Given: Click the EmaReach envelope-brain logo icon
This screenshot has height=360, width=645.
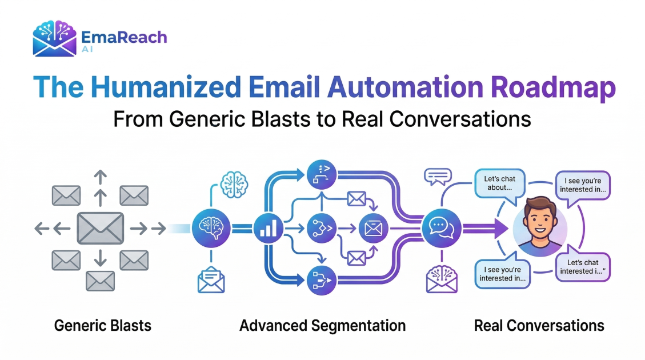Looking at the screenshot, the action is (55, 38).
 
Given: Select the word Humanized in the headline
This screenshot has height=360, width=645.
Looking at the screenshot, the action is (165, 87).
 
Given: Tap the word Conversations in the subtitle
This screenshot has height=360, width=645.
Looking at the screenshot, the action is (460, 119).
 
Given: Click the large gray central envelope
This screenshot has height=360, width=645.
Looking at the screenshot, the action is (101, 228).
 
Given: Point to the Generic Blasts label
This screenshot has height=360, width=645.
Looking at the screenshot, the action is (103, 326).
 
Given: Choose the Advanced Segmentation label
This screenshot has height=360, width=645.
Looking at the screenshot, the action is (322, 326).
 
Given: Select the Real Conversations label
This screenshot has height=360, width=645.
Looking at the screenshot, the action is (539, 326).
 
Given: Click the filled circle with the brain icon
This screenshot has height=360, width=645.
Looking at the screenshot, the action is (211, 228).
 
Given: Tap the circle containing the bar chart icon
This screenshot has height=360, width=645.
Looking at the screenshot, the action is (268, 228).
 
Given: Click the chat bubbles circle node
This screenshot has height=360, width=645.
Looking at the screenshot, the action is (442, 228).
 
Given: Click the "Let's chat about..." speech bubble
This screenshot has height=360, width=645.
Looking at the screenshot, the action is (500, 185).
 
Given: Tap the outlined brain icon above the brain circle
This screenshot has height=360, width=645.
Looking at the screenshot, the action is (234, 185).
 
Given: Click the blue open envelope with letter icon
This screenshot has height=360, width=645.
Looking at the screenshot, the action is (211, 280).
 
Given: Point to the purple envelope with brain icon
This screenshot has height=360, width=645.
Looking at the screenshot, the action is (442, 279).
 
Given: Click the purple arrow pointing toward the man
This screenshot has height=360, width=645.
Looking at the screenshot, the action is (486, 229).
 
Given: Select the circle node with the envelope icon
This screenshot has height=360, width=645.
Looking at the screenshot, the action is (374, 228).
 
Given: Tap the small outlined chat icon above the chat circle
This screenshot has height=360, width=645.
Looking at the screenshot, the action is (438, 177).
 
